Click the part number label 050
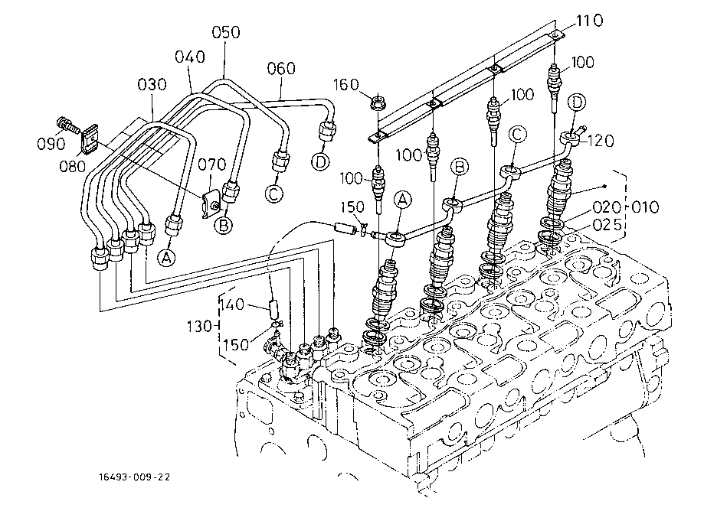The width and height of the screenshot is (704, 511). pos(226,32)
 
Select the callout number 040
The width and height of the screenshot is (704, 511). pos(190,57)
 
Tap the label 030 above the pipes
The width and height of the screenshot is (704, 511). pos(152,84)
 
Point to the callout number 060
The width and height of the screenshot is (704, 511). pos(281,69)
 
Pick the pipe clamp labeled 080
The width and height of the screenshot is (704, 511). pos(90,138)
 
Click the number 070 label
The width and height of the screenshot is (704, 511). pos(212,164)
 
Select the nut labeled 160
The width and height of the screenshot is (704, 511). pos(377,103)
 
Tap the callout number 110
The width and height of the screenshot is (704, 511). pos(590,21)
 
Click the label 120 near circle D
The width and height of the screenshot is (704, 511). pos(601,141)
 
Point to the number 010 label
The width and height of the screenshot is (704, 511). pos(645,207)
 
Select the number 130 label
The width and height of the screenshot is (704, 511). pos(199,327)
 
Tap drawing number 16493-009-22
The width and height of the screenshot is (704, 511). pos(135,477)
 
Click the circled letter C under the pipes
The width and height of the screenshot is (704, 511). pos(274,194)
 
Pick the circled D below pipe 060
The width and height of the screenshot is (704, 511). pos(320,161)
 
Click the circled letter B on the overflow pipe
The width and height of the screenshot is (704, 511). pos(460,167)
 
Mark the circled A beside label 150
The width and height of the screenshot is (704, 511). pos(403,199)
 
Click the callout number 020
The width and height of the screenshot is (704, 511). pos(607,207)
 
